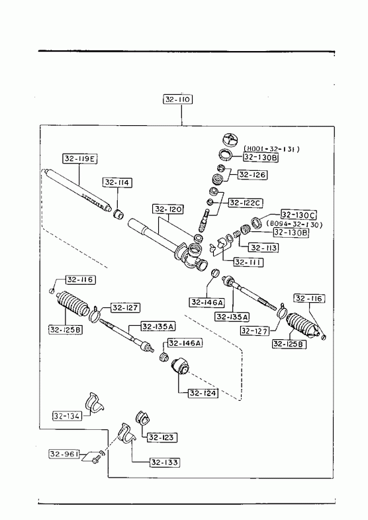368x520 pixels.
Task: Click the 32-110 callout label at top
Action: pos(178,99)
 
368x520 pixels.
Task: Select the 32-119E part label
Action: pos(80,158)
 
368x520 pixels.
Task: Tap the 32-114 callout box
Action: pos(117,182)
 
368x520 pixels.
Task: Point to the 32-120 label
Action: pos(168,209)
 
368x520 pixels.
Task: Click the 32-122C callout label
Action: pos(246,203)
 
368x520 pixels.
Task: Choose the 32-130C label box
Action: pos(299,214)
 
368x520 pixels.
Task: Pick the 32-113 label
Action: pos(263,247)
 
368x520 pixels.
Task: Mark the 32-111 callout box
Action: pos(248,262)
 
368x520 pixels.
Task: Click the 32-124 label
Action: pos(203,393)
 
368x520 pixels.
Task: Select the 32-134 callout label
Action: pos(67,415)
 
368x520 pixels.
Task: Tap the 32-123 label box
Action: pos(161,437)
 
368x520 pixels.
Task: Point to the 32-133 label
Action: pos(165,462)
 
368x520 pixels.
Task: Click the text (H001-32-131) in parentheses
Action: pos(271,149)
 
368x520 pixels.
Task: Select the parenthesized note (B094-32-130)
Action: pos(295,225)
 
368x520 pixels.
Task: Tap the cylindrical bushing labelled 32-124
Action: pos(181,366)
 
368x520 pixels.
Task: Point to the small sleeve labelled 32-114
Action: pos(118,214)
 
